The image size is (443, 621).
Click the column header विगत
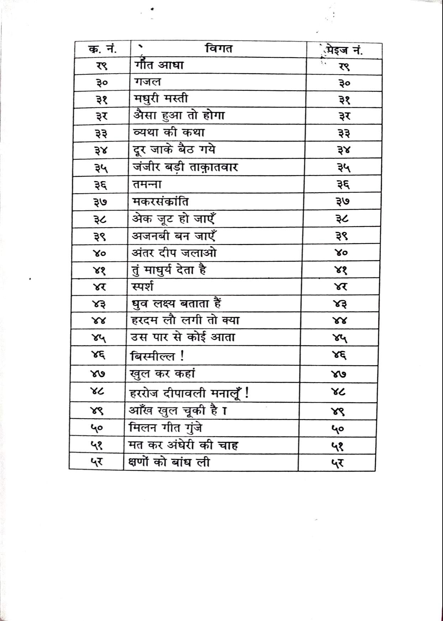pos(219,48)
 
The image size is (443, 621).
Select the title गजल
pos(148,82)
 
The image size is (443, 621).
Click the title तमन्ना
pos(147,185)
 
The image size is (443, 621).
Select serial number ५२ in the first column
pos(96,462)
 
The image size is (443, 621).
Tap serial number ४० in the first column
pos(99,254)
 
